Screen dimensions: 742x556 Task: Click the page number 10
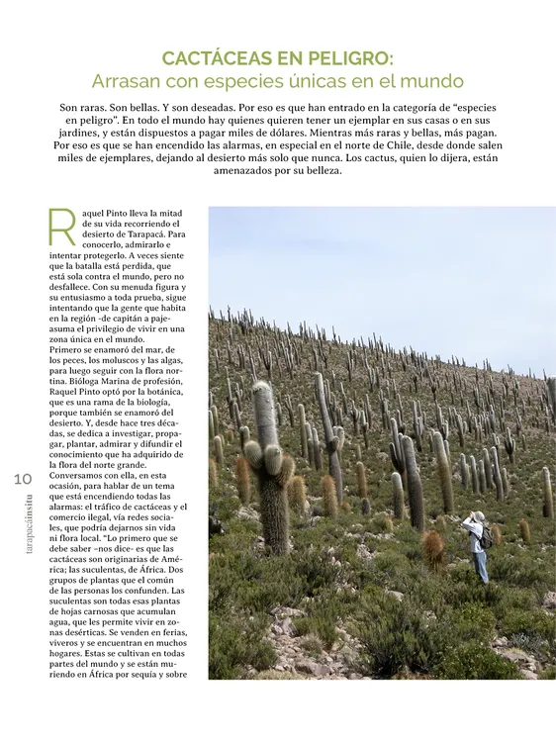pyautogui.click(x=23, y=479)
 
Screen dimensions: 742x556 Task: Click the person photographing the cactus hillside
pyautogui.click(x=478, y=546)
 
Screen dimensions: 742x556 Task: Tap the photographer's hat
pyautogui.click(x=479, y=516)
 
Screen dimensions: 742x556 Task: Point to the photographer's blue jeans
pyautogui.click(x=480, y=567)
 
